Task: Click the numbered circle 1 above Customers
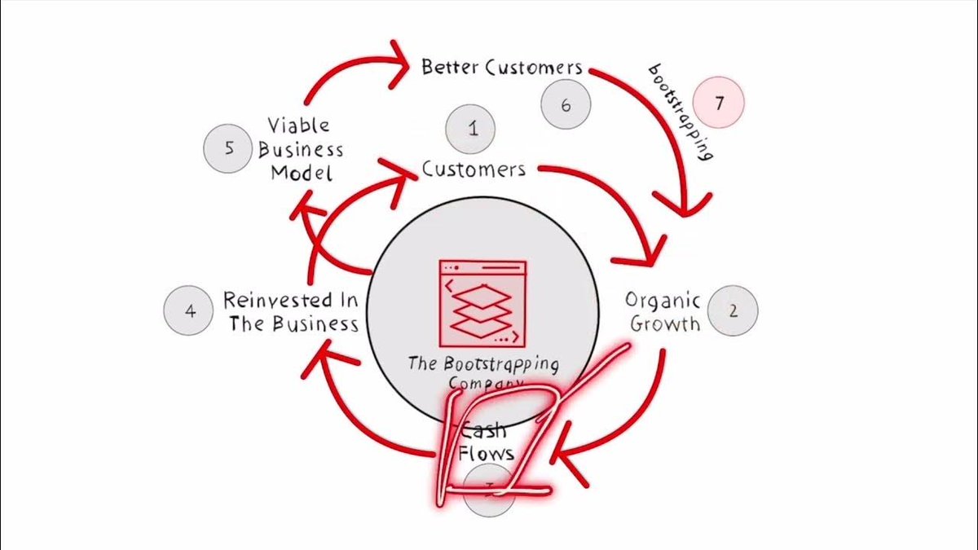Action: (x=473, y=128)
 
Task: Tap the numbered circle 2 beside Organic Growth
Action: (x=733, y=310)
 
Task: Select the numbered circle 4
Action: (x=190, y=310)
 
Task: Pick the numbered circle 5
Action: (x=227, y=148)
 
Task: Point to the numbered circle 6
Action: (x=566, y=103)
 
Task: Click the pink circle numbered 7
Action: (x=718, y=103)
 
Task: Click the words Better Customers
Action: (x=501, y=67)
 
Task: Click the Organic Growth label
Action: (x=663, y=311)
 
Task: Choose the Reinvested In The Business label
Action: (x=292, y=311)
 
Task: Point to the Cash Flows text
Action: (x=486, y=441)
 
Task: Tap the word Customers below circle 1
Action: (x=474, y=169)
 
